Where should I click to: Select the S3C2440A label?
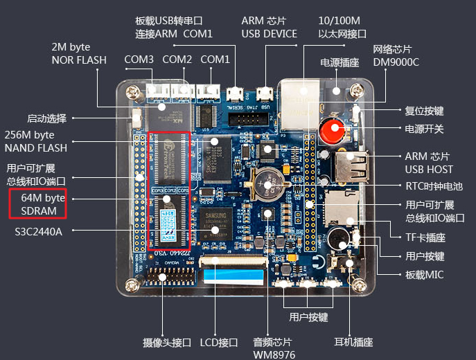pos(39,231)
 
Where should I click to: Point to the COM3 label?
pos(139,60)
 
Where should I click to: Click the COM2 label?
pos(177,60)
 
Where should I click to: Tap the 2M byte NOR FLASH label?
pos(79,53)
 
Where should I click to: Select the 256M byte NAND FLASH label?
pos(36,141)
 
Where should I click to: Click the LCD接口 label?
pos(219,342)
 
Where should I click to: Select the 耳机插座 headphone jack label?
pos(353,342)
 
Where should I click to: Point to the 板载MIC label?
pos(425,275)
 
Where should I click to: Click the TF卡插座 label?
pos(425,237)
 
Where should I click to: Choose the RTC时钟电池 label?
pos(434,186)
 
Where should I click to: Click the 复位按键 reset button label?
pos(424,110)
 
